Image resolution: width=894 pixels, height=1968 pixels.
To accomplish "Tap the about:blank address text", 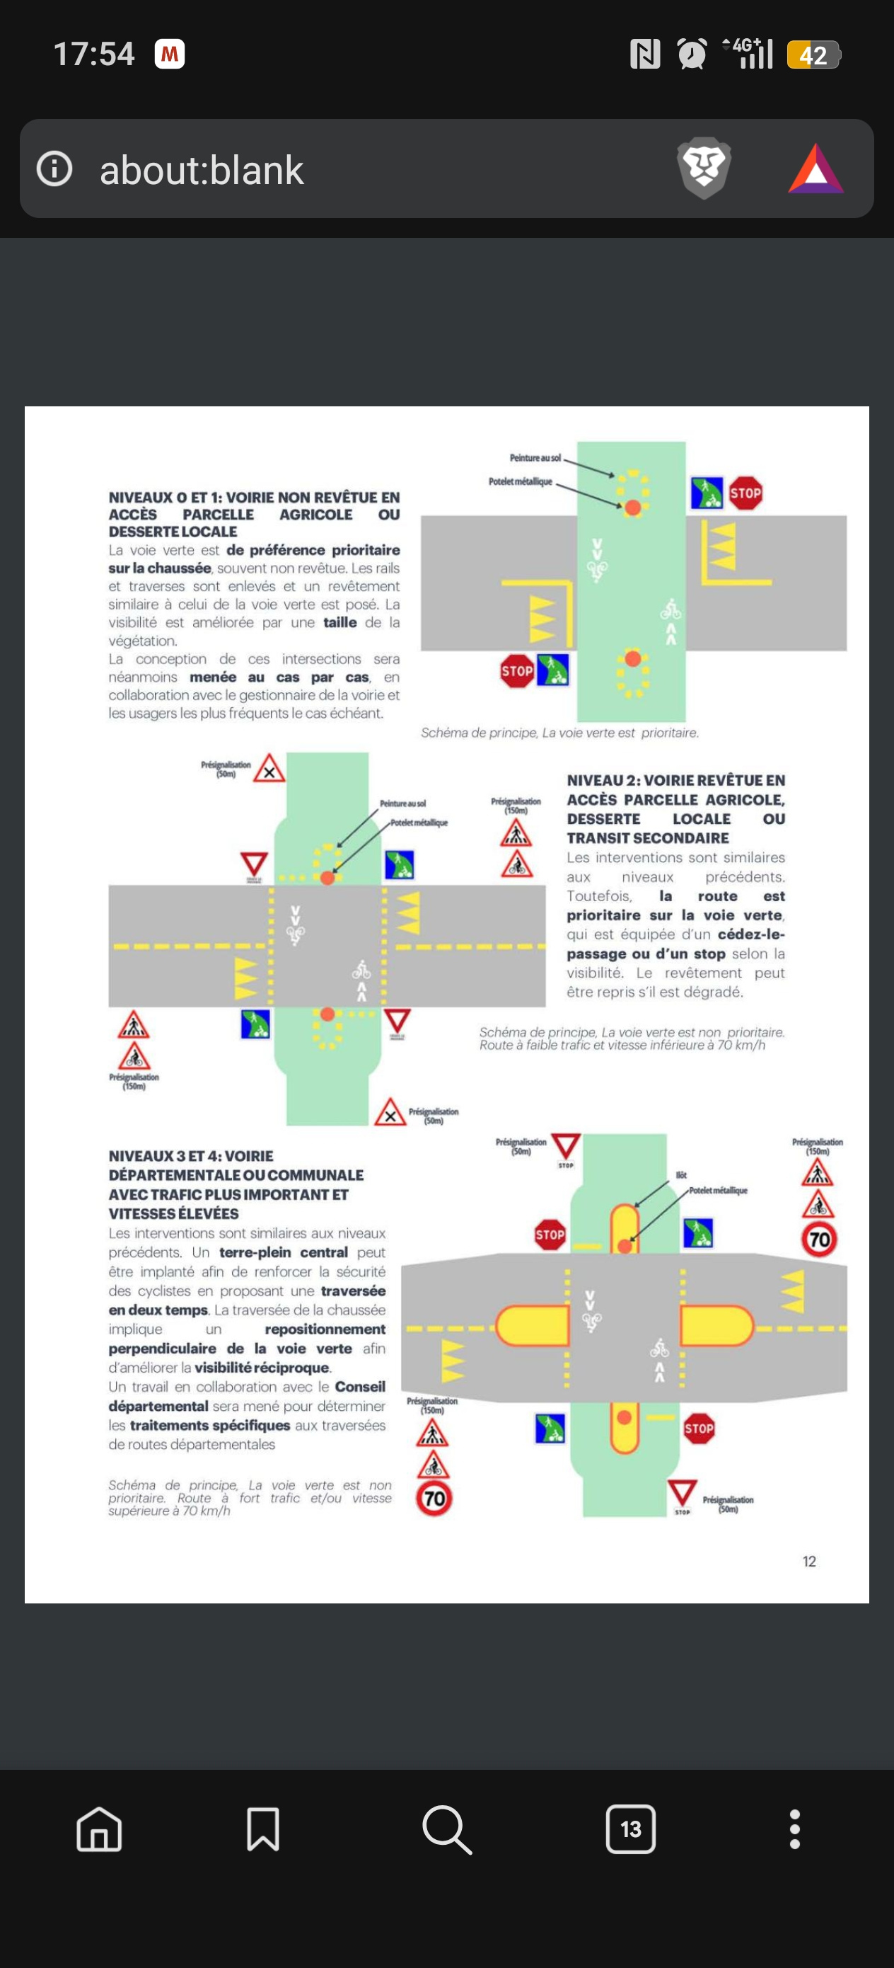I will (202, 170).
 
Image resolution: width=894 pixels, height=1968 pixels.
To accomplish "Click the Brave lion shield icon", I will (703, 167).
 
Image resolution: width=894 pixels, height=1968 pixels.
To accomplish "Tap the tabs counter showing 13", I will (630, 1829).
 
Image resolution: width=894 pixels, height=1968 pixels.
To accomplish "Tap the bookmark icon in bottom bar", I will (262, 1829).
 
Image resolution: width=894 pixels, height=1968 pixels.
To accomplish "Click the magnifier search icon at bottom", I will (446, 1829).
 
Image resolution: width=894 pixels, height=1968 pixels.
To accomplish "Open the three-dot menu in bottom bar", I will (794, 1829).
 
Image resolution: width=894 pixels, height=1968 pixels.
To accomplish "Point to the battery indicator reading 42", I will (813, 55).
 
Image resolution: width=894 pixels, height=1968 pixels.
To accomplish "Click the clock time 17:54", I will (94, 55).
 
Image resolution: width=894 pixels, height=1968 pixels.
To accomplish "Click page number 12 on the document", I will (809, 1562).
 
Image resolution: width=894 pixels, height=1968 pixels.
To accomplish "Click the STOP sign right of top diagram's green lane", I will (745, 493).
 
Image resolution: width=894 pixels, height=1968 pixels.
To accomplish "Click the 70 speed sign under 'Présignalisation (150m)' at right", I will (819, 1239).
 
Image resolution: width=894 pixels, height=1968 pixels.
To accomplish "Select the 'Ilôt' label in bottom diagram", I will (681, 1175).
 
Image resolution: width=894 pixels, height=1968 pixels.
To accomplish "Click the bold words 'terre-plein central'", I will (282, 1252).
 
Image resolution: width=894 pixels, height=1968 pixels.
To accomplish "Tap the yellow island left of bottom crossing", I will (532, 1325).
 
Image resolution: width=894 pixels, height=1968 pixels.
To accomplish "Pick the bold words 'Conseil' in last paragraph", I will (359, 1387).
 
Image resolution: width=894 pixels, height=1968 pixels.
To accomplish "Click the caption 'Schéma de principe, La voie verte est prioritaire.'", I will (559, 733).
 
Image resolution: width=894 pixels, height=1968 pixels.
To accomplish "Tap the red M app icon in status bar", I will (170, 55).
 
